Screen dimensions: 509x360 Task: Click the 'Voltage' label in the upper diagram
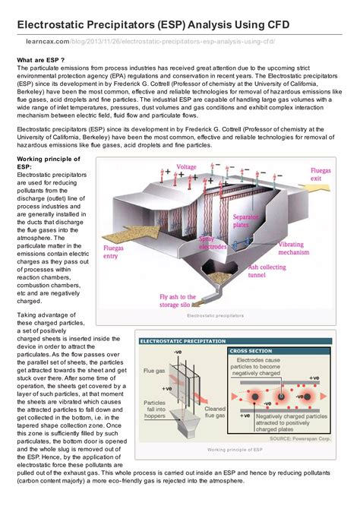click(x=186, y=166)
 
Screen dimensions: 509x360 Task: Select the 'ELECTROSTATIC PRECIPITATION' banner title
click(x=182, y=341)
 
